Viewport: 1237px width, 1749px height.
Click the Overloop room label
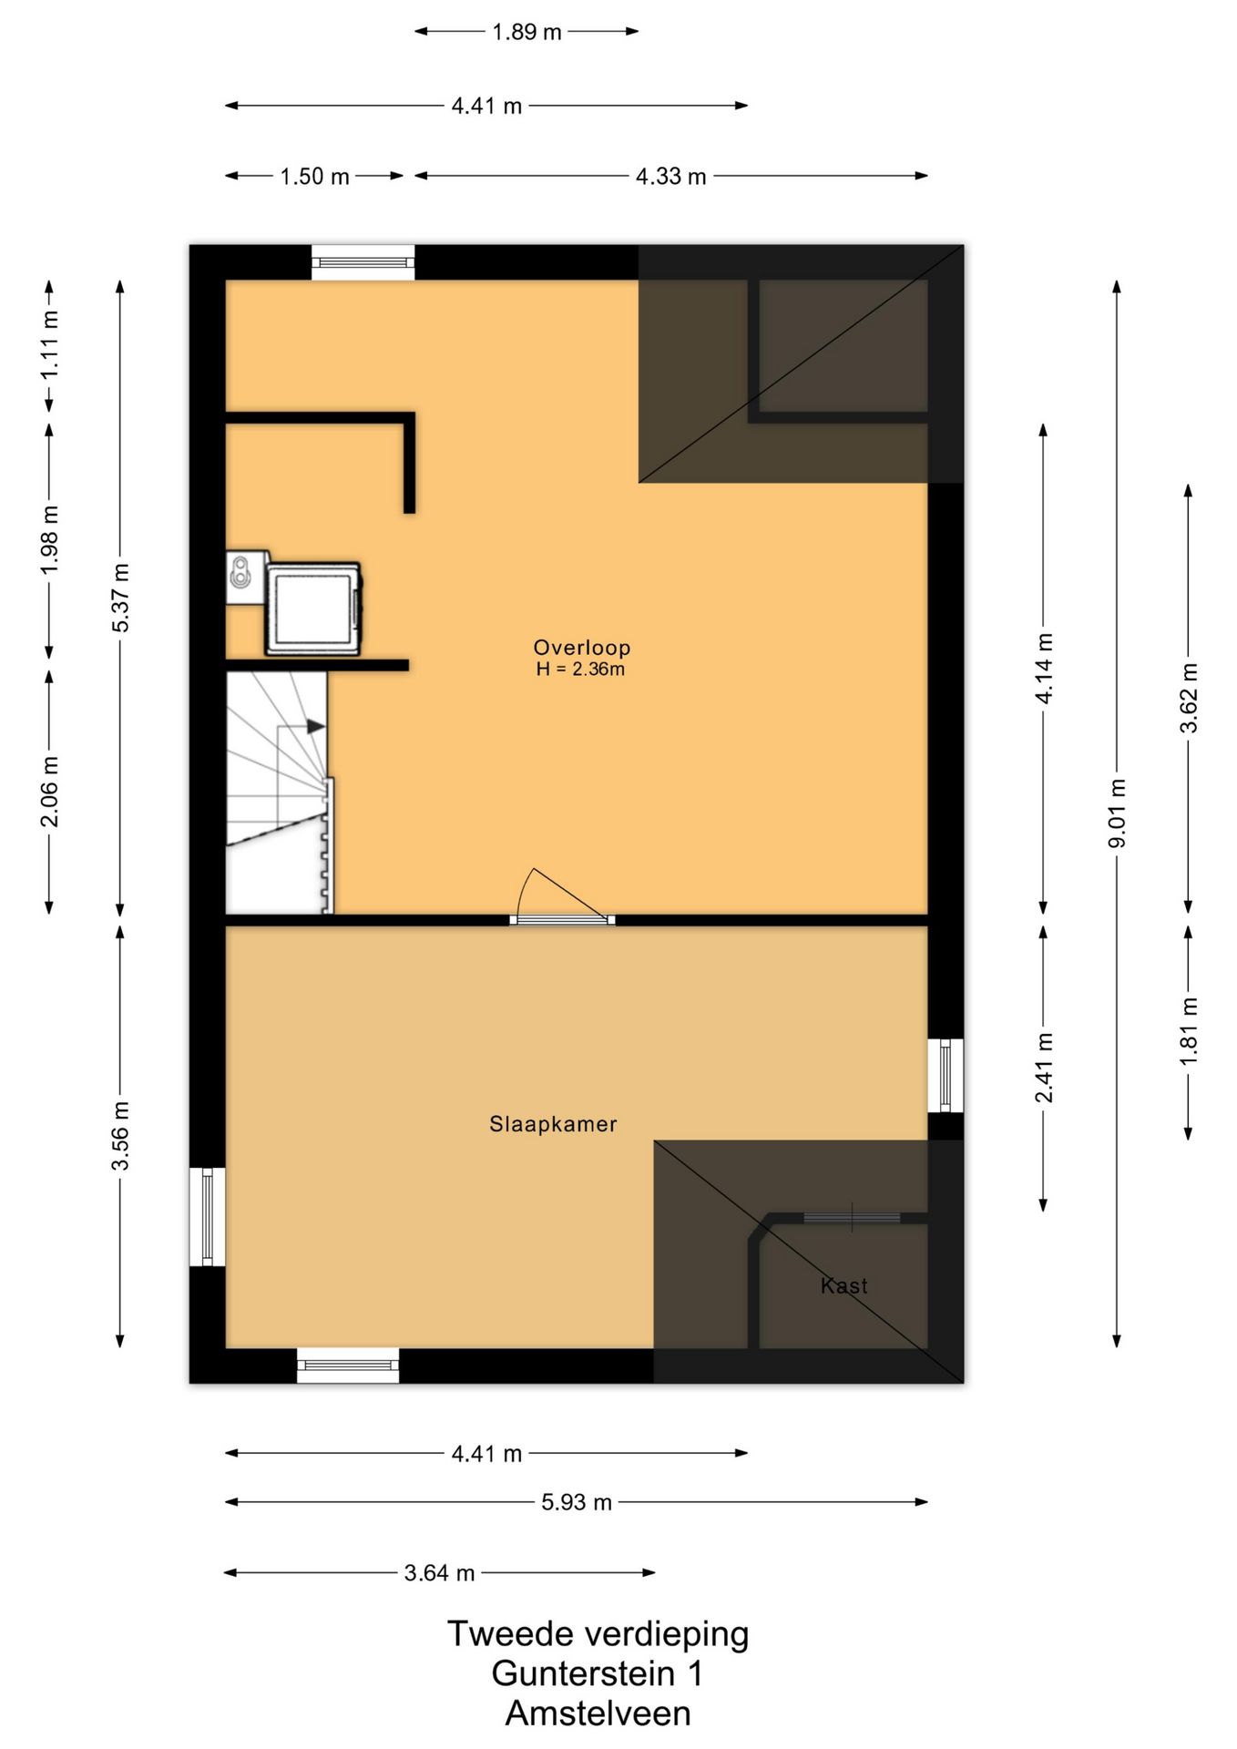581,648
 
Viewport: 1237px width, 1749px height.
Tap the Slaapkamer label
553,1124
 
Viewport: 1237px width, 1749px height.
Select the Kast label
844,1285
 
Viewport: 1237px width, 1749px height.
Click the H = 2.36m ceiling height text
580,670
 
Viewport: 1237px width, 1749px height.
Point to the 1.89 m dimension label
526,32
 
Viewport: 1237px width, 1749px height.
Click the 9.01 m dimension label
1117,813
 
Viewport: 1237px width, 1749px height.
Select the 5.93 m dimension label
576,1502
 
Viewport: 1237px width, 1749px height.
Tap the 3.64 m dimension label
439,1573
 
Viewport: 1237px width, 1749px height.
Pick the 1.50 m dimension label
314,177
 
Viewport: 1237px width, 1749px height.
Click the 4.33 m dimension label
670,177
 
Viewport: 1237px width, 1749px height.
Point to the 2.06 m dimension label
50,792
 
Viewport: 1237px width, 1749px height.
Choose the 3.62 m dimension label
1189,698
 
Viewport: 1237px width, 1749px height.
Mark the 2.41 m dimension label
1044,1068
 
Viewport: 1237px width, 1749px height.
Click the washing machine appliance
313,608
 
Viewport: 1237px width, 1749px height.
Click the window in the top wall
363,262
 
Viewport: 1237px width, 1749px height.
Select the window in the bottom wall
348,1365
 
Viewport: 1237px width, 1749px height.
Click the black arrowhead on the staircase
315,726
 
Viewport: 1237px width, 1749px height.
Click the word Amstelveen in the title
598,1713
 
